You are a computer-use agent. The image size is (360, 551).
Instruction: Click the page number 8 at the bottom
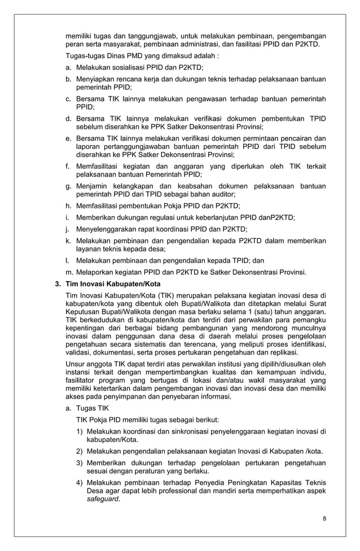pos(324,519)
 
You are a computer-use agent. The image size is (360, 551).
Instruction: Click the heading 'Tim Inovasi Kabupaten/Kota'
pos(106,284)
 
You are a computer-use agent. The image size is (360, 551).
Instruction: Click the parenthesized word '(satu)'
pos(257,312)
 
